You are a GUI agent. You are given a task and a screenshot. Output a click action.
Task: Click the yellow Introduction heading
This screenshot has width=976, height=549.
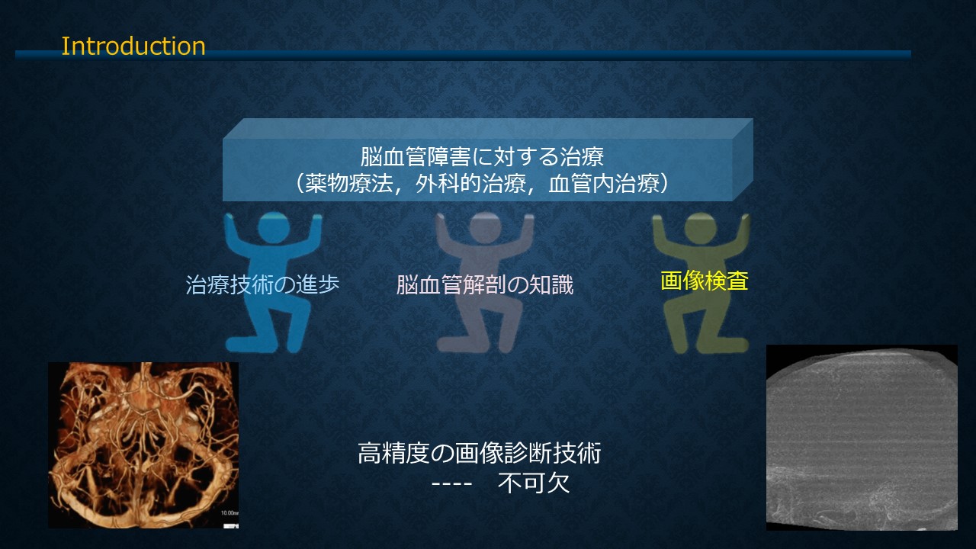tap(133, 47)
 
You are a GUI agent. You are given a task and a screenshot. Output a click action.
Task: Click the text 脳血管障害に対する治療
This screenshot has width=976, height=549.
tap(482, 156)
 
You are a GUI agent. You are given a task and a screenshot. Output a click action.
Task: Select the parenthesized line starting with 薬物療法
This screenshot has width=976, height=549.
tap(482, 184)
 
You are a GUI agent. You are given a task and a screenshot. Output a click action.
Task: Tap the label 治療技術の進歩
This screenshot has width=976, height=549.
tap(262, 284)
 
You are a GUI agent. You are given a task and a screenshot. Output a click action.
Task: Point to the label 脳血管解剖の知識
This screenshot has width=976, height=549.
tap(484, 285)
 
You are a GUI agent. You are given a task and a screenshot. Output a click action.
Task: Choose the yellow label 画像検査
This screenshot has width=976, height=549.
tap(704, 281)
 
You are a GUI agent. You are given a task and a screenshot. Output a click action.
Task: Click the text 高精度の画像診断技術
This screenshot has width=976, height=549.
tap(480, 453)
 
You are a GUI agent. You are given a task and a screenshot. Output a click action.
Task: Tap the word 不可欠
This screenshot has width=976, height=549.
tap(533, 483)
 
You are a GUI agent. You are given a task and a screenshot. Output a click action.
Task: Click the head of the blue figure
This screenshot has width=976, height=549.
tap(274, 227)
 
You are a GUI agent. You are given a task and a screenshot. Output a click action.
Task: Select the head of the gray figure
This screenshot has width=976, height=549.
tap(485, 227)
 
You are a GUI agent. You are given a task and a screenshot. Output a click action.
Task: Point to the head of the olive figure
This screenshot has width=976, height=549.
tap(700, 228)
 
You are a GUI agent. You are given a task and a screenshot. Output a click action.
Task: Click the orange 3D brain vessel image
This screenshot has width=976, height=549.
tap(143, 445)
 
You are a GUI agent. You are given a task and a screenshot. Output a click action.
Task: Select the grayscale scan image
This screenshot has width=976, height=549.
tap(862, 438)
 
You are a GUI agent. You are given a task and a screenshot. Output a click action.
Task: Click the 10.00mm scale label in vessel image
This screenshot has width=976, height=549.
tap(230, 513)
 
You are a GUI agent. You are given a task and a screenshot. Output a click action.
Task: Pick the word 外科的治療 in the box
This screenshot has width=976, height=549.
tap(470, 184)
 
